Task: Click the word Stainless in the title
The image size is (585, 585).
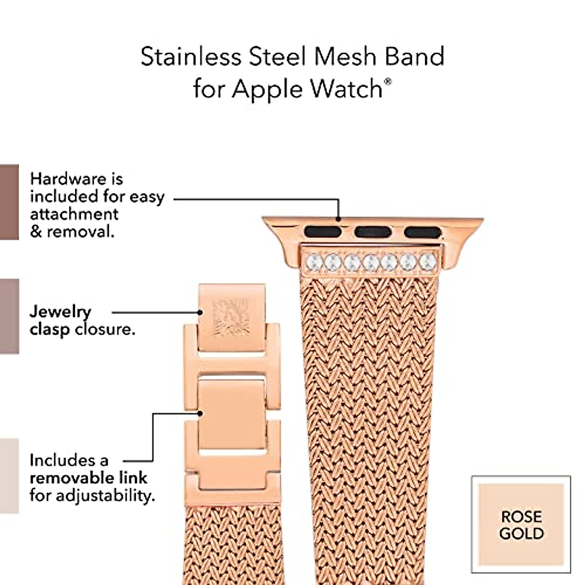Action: (191, 57)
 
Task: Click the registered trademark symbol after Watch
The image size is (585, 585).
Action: (388, 81)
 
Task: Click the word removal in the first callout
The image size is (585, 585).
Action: (80, 232)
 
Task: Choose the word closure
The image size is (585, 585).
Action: (104, 330)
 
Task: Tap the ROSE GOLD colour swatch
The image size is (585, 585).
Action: (521, 524)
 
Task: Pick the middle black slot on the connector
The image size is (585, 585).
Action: (372, 231)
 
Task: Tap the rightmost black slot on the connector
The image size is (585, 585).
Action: (422, 232)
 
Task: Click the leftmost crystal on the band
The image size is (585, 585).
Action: (314, 262)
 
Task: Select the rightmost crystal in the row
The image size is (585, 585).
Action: (427, 261)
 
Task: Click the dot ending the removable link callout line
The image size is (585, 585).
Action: (200, 414)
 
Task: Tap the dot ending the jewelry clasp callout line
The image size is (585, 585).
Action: (199, 312)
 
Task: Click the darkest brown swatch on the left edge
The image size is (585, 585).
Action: (9, 202)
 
